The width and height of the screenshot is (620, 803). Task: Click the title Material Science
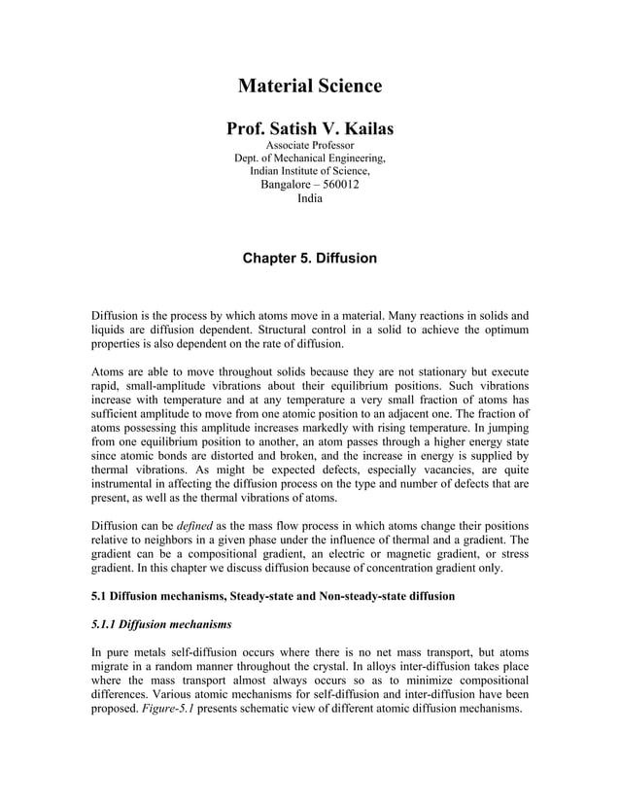coord(309,87)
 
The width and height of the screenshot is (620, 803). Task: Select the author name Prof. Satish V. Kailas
coord(309,128)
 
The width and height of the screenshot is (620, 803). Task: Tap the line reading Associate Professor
coord(309,146)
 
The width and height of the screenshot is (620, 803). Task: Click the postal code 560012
coord(336,186)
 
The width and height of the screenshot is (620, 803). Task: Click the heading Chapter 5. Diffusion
coord(309,259)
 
